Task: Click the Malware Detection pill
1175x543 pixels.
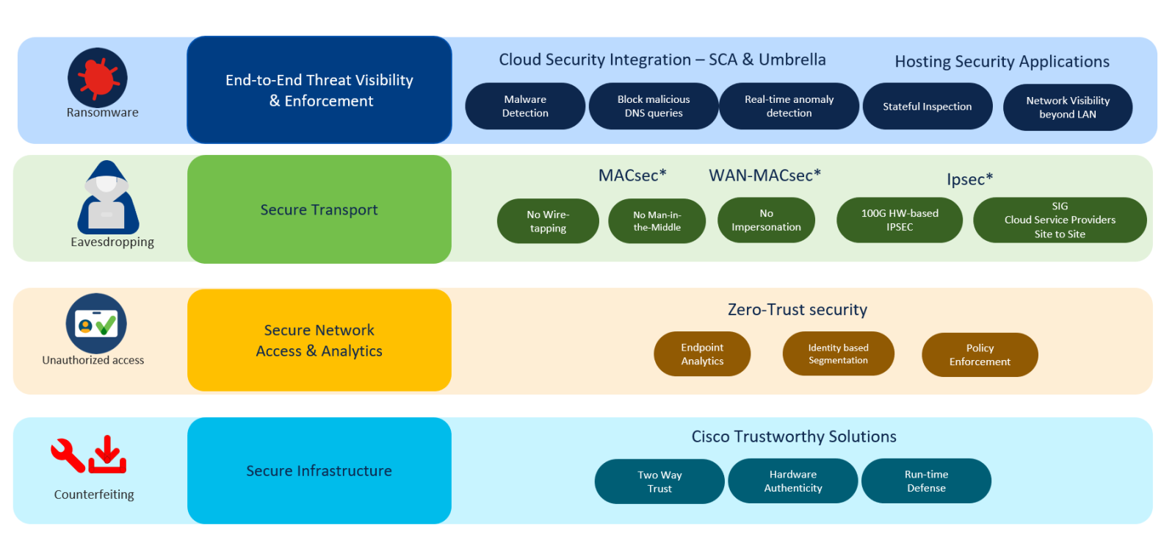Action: pyautogui.click(x=525, y=106)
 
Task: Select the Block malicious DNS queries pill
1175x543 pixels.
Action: pyautogui.click(x=653, y=106)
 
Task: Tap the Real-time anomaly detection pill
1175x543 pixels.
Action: pyautogui.click(x=789, y=106)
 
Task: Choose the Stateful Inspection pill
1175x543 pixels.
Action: pyautogui.click(x=927, y=107)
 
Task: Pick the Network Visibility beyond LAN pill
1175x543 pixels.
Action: pyautogui.click(x=1067, y=107)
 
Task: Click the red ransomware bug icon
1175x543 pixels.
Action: pyautogui.click(x=98, y=77)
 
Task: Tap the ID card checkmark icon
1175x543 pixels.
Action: pyautogui.click(x=96, y=323)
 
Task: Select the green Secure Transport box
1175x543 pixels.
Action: pyautogui.click(x=319, y=209)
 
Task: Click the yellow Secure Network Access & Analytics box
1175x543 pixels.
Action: pyautogui.click(x=319, y=340)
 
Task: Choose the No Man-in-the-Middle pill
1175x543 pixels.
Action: pyautogui.click(x=657, y=221)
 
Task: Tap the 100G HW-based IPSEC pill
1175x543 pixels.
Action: pyautogui.click(x=899, y=220)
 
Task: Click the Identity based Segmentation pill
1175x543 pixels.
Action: pyautogui.click(x=838, y=353)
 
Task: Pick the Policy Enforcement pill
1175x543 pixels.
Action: pyautogui.click(x=979, y=354)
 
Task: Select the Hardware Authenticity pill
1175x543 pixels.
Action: pyautogui.click(x=792, y=481)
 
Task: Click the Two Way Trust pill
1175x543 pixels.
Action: pyautogui.click(x=659, y=481)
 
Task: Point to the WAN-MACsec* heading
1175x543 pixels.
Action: pyautogui.click(x=764, y=175)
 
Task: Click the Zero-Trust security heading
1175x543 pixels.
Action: pyautogui.click(x=797, y=309)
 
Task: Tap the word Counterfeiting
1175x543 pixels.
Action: pyautogui.click(x=94, y=495)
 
